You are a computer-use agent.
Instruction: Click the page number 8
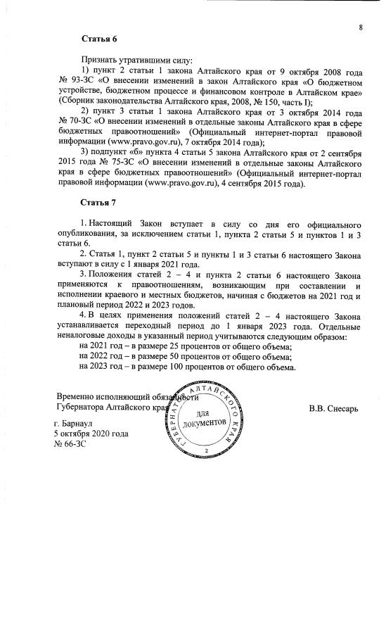360,27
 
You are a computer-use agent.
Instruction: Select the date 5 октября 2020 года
91,435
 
